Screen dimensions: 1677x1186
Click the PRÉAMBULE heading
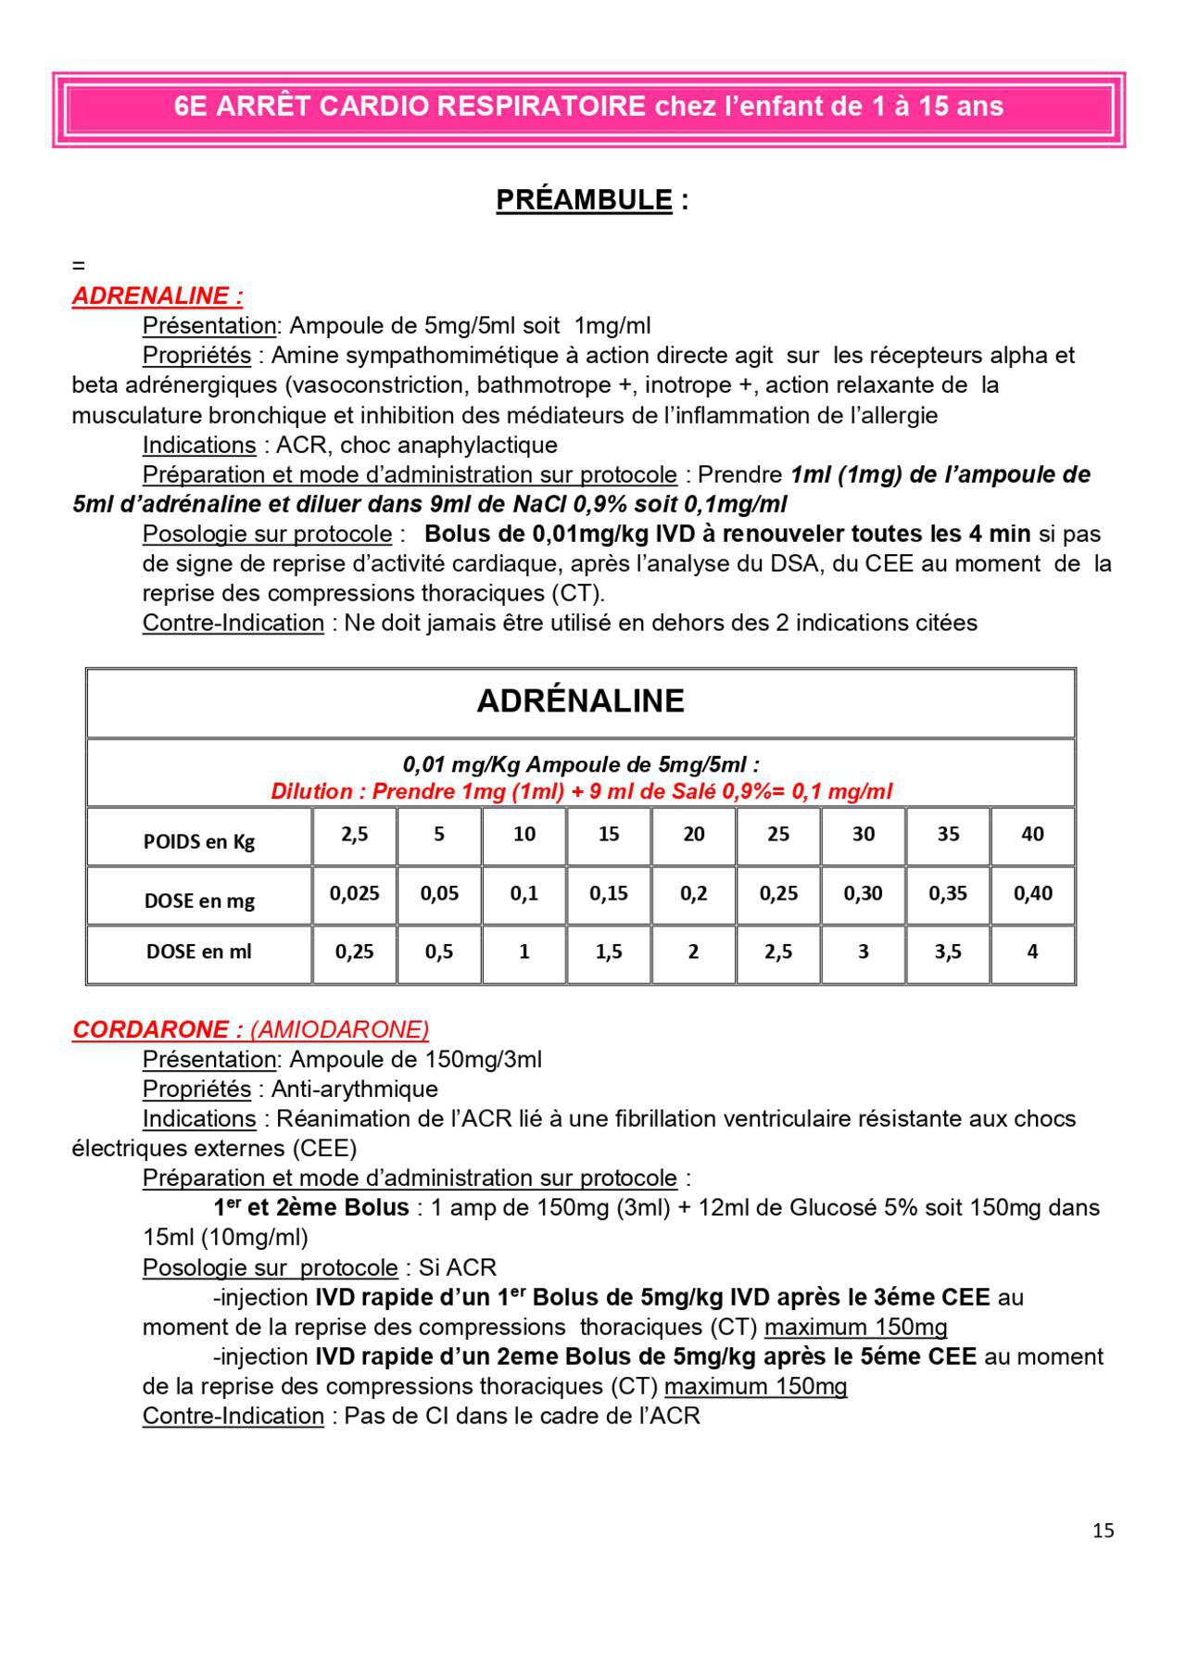tap(584, 200)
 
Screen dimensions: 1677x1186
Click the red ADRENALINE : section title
tap(158, 296)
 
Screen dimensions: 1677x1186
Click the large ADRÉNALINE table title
tap(580, 700)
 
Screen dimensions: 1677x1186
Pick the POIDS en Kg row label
tap(199, 841)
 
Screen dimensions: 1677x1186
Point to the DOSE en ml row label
tap(199, 952)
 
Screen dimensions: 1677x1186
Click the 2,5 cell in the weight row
tap(354, 834)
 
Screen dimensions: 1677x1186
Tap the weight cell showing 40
tap(1032, 834)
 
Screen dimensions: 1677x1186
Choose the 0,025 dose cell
tap(354, 893)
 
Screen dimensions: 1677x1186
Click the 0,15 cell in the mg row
tap(609, 893)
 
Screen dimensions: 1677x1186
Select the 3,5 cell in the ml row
tap(948, 952)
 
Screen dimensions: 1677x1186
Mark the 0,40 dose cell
tap(1032, 893)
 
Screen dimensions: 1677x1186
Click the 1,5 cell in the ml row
tap(609, 952)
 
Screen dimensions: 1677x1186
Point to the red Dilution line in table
tap(581, 791)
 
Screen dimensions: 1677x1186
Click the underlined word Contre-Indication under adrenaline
tap(233, 623)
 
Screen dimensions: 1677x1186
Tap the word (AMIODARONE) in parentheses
tap(339, 1029)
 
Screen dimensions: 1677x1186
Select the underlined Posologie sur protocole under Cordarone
tap(270, 1267)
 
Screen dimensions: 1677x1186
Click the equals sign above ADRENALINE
tap(78, 266)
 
